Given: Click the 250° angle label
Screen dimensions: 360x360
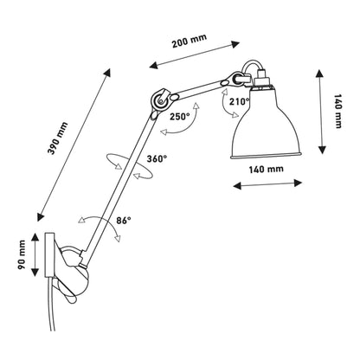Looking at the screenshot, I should click(x=181, y=116).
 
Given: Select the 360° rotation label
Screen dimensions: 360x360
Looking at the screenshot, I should click(x=157, y=158).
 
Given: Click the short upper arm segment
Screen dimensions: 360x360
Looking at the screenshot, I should click(x=192, y=90).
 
